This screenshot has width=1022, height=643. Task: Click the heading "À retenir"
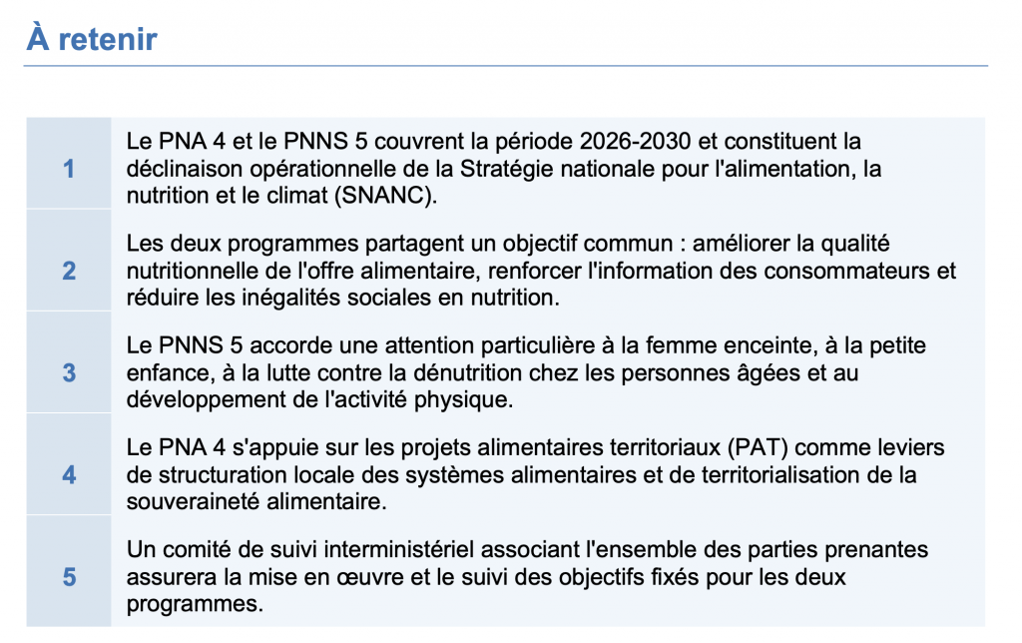(92, 40)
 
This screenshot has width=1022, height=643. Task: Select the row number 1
(69, 169)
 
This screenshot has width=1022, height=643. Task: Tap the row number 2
(69, 271)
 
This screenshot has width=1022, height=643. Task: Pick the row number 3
(69, 372)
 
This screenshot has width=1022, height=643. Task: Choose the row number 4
(69, 475)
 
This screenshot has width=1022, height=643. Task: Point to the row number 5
(69, 577)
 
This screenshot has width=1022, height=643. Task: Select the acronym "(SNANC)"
(387, 195)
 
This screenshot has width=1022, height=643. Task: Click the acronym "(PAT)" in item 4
(762, 447)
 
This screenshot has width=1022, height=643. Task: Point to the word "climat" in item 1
(274, 195)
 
